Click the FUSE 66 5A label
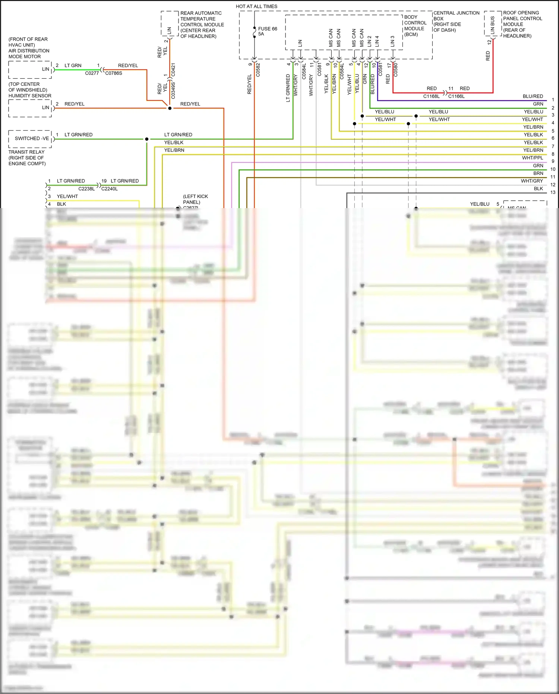click(x=267, y=31)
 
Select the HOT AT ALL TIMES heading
click(x=256, y=6)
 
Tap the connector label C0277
click(x=92, y=73)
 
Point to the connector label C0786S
click(x=114, y=73)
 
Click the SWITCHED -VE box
click(x=31, y=138)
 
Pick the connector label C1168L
click(x=431, y=96)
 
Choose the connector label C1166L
click(x=456, y=96)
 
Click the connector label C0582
click(x=258, y=70)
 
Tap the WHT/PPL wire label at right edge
click(x=533, y=158)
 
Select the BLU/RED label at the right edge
click(x=533, y=96)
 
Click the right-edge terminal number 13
click(x=553, y=192)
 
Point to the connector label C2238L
click(x=86, y=189)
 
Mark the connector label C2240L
click(x=110, y=189)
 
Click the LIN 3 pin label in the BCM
click(x=392, y=41)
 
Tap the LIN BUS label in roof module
click(x=492, y=25)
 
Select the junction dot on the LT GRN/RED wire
click(x=147, y=139)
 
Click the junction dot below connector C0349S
click(x=170, y=108)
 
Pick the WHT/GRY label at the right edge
click(x=532, y=181)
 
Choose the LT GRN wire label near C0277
click(x=73, y=65)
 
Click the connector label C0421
click(x=173, y=70)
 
